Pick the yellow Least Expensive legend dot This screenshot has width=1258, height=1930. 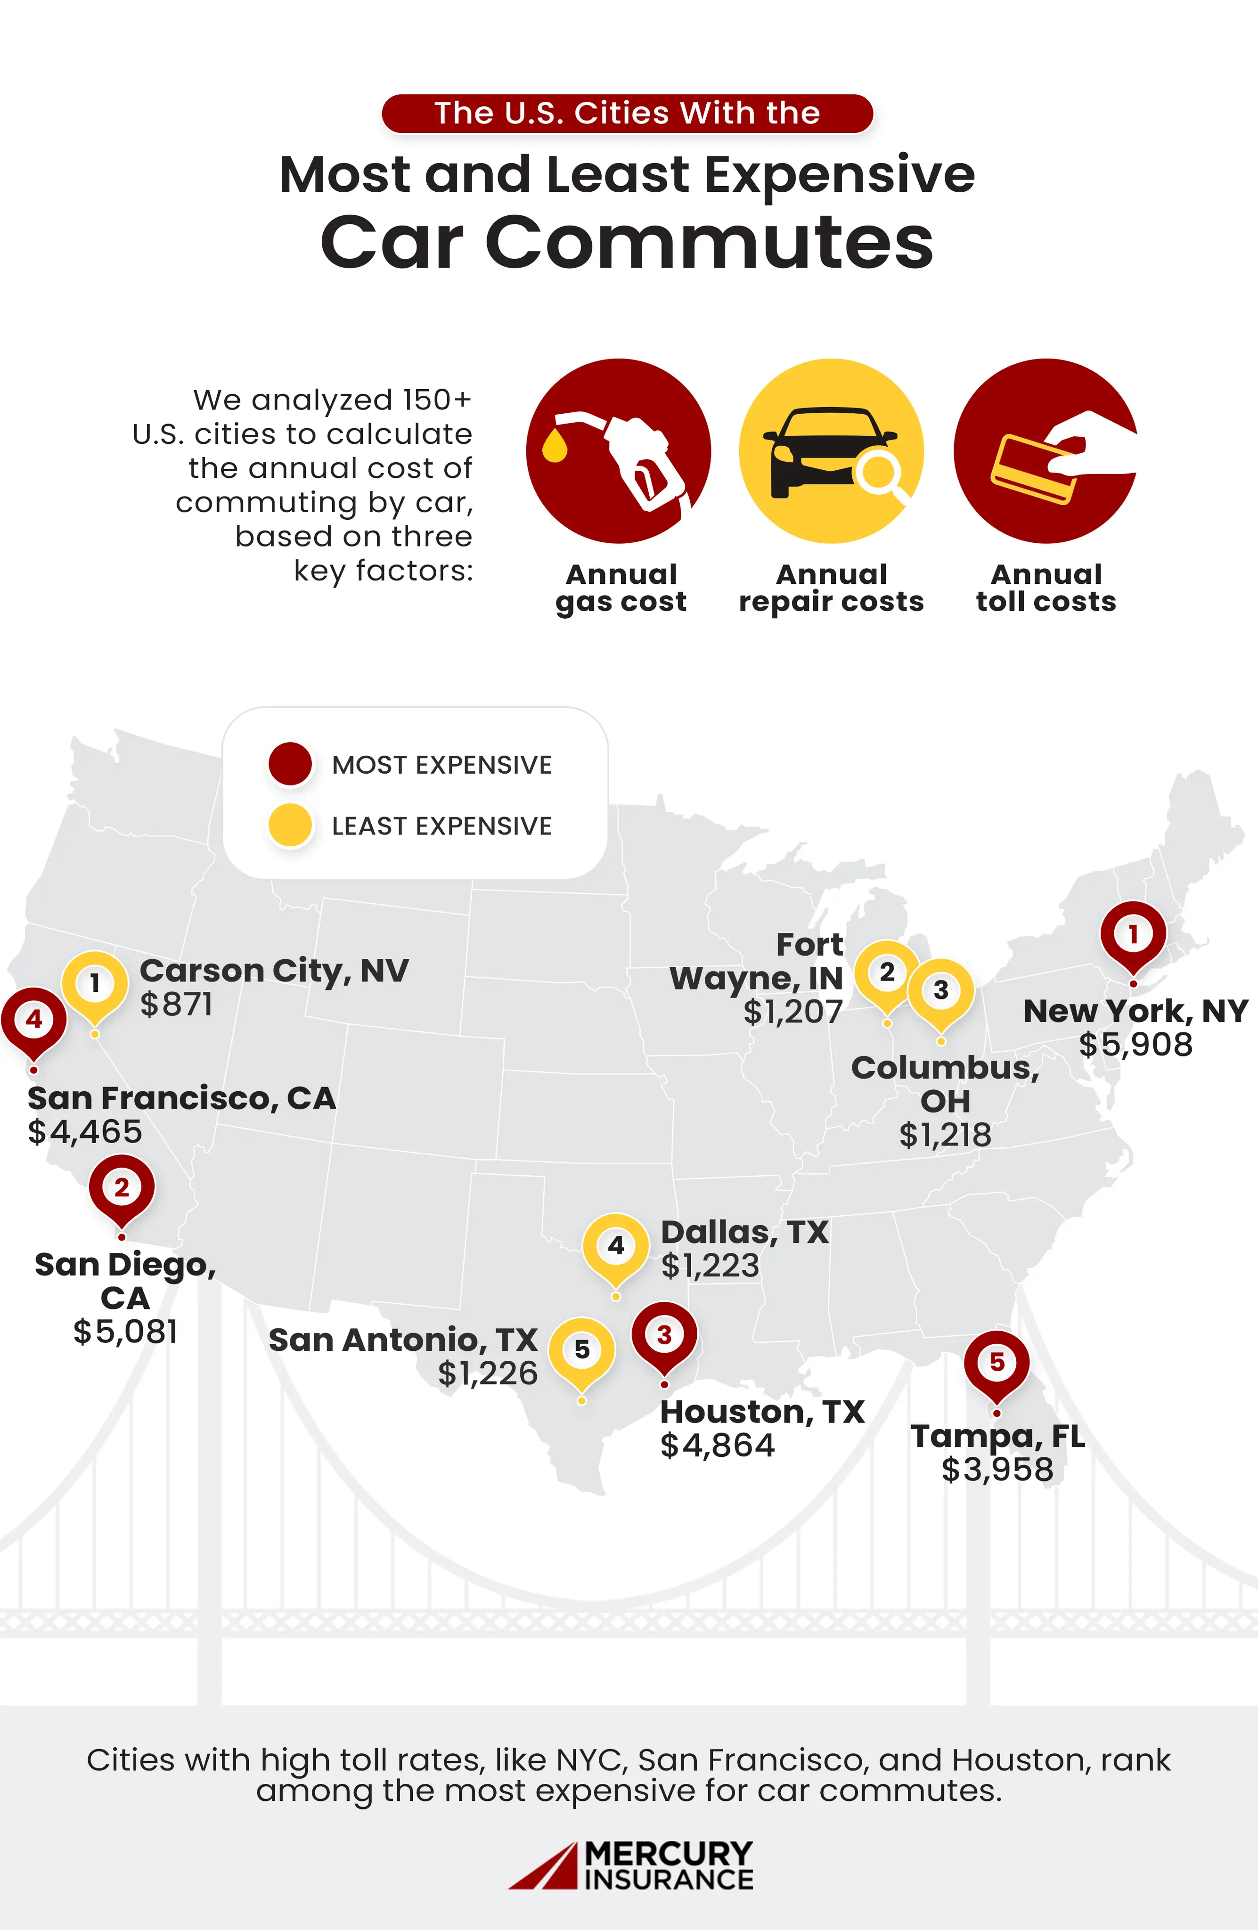(290, 826)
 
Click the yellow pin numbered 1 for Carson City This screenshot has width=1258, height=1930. (95, 984)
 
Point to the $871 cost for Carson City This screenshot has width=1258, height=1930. (177, 1005)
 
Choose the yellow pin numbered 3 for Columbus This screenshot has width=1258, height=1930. (941, 991)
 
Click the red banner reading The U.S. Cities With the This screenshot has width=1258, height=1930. (627, 113)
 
